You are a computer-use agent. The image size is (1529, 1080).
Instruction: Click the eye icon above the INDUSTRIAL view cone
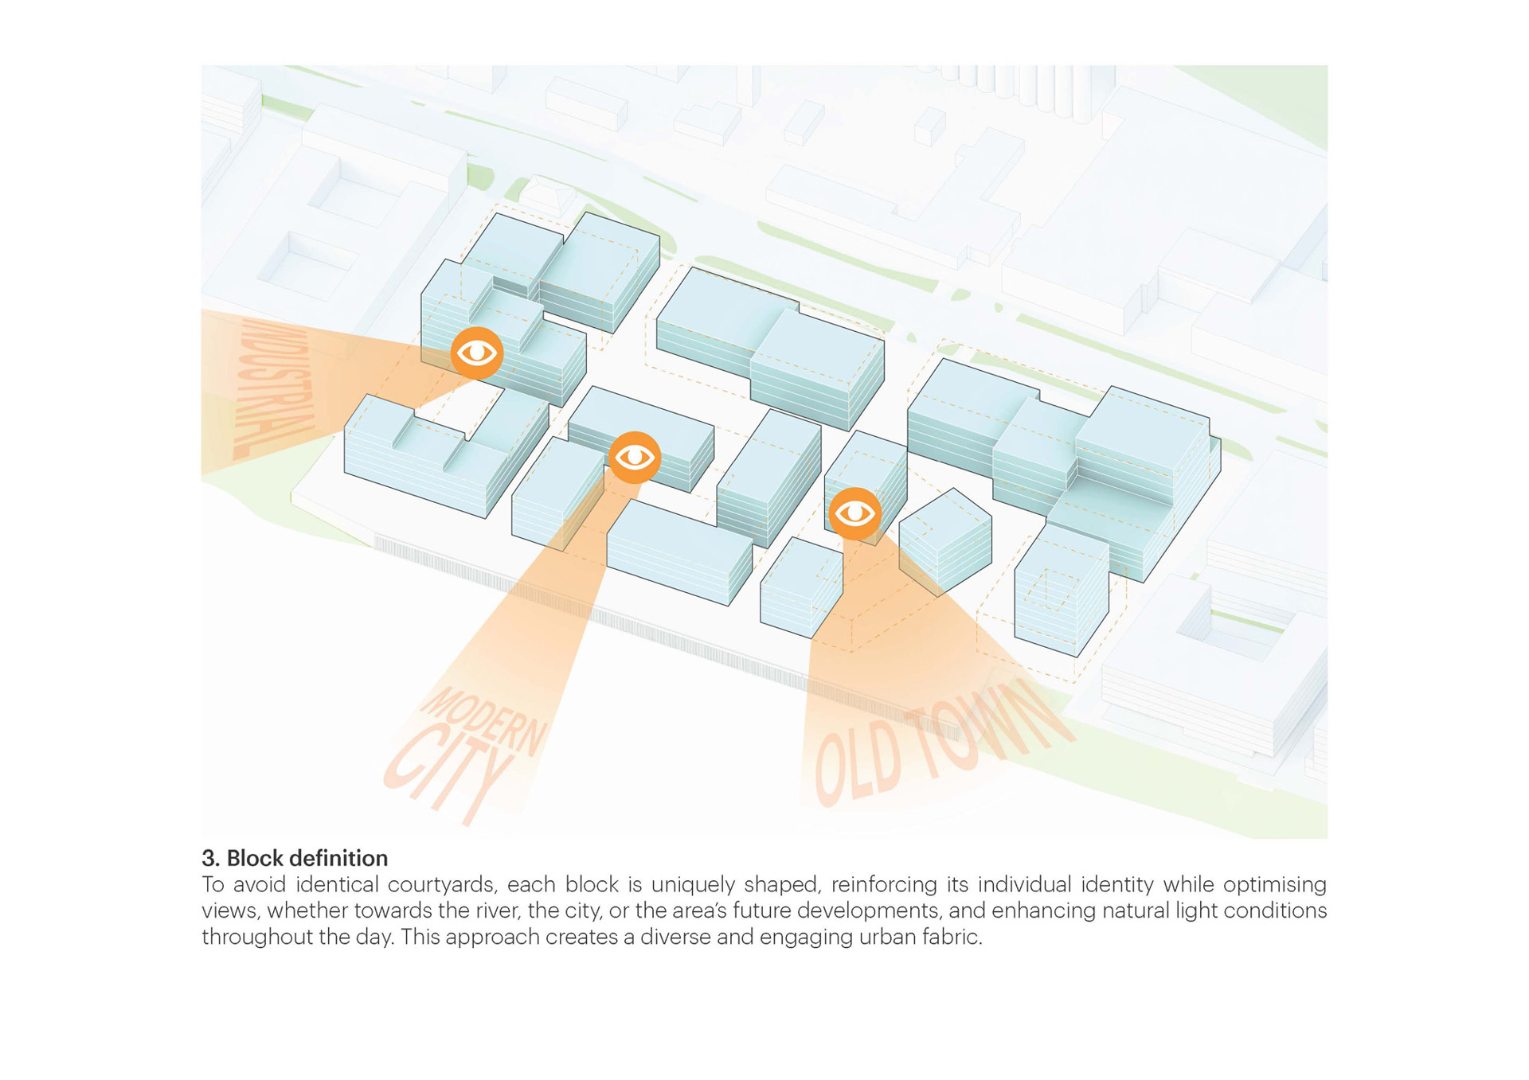click(x=476, y=353)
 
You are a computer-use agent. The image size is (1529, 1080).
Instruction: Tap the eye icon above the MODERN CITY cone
click(x=635, y=457)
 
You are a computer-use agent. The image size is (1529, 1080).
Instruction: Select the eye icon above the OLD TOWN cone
click(x=854, y=513)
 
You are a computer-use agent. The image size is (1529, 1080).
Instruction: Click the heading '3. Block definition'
click(x=295, y=858)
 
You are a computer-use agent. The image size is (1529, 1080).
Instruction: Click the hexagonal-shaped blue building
click(x=945, y=541)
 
